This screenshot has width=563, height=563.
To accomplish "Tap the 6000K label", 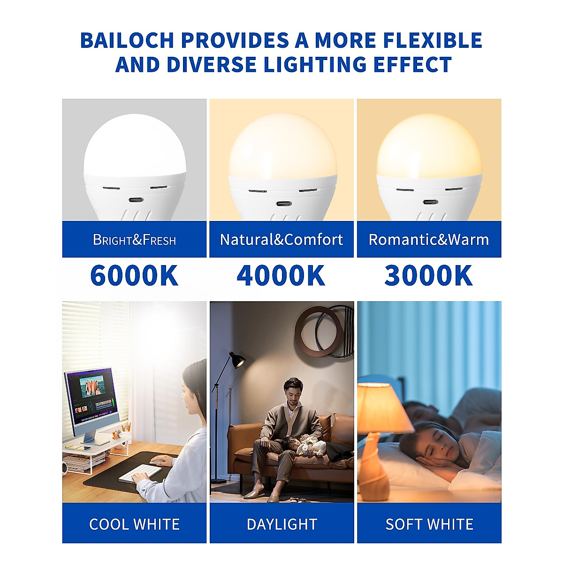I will pyautogui.click(x=134, y=275).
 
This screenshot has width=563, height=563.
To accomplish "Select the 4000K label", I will pyautogui.click(x=281, y=275).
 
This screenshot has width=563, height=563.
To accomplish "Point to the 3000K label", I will pyautogui.click(x=428, y=275).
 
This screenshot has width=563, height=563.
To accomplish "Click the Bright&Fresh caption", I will pyautogui.click(x=134, y=240).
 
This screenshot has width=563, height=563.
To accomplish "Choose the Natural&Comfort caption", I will pyautogui.click(x=281, y=240).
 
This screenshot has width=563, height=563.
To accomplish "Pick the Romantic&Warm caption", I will pyautogui.click(x=429, y=240).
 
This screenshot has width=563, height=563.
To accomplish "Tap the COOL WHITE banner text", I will pyautogui.click(x=134, y=524).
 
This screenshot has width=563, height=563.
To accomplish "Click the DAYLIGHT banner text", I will pyautogui.click(x=282, y=524).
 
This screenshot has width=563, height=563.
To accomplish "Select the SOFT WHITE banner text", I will pyautogui.click(x=429, y=524).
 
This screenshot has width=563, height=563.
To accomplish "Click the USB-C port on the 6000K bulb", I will pyautogui.click(x=135, y=200).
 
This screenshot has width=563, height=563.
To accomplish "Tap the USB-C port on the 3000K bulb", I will pyautogui.click(x=429, y=202).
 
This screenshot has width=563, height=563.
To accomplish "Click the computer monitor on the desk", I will pyautogui.click(x=89, y=396).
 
